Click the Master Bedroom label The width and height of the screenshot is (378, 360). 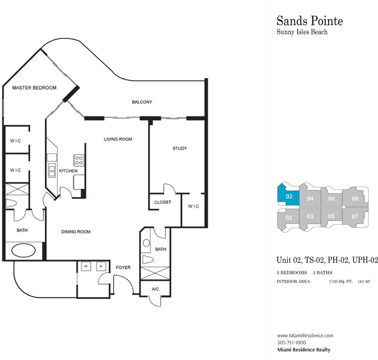point(34,88)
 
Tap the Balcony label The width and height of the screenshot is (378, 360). point(142,102)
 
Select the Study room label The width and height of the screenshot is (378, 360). point(179,148)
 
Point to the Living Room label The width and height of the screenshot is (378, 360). point(118,139)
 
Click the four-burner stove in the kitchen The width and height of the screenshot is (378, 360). point(79,160)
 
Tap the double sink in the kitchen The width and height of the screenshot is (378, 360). point(52,170)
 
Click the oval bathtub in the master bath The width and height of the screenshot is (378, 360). point(23,251)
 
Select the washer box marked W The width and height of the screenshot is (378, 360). point(86,266)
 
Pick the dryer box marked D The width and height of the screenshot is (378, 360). point(101,266)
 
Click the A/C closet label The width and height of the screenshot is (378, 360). point(155,289)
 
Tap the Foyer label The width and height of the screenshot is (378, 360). point(123,268)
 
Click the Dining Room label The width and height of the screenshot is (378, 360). point(76,232)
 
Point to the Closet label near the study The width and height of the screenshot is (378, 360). point(163,202)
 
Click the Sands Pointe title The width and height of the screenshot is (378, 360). point(310,21)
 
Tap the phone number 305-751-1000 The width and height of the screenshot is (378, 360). point(291,343)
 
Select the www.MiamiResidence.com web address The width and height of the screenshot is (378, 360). point(305,335)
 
